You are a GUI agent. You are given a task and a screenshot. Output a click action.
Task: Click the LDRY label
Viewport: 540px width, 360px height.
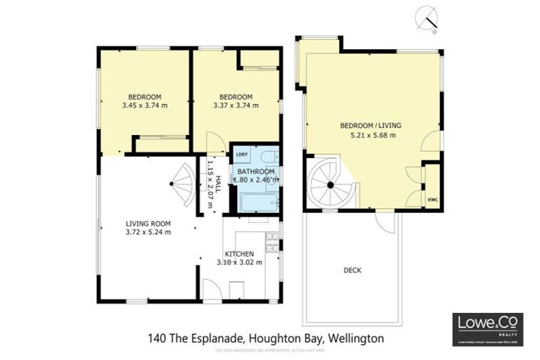(x=241, y=155)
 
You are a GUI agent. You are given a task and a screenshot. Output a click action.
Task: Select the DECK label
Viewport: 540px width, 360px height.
(x=352, y=270)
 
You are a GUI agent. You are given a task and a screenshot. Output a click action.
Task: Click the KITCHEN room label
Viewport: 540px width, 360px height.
(x=239, y=253)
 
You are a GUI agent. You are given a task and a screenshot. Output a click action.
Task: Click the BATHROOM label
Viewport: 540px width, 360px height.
(x=255, y=171)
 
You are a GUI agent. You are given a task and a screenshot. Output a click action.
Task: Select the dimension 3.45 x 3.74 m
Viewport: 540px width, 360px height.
(x=145, y=106)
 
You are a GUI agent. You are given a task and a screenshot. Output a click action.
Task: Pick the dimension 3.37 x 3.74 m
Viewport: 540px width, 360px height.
(x=236, y=106)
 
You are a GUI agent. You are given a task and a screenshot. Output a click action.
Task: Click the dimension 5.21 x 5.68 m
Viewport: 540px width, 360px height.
(x=373, y=135)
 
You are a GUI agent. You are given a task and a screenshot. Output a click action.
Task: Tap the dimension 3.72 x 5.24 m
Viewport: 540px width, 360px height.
(x=148, y=232)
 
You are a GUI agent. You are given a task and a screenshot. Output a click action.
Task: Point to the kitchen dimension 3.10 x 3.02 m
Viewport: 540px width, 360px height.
(x=239, y=262)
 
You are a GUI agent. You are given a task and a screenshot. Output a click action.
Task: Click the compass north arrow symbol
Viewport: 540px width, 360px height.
(x=426, y=19)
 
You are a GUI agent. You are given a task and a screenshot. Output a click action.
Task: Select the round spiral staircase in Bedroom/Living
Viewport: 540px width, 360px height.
(x=330, y=184)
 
